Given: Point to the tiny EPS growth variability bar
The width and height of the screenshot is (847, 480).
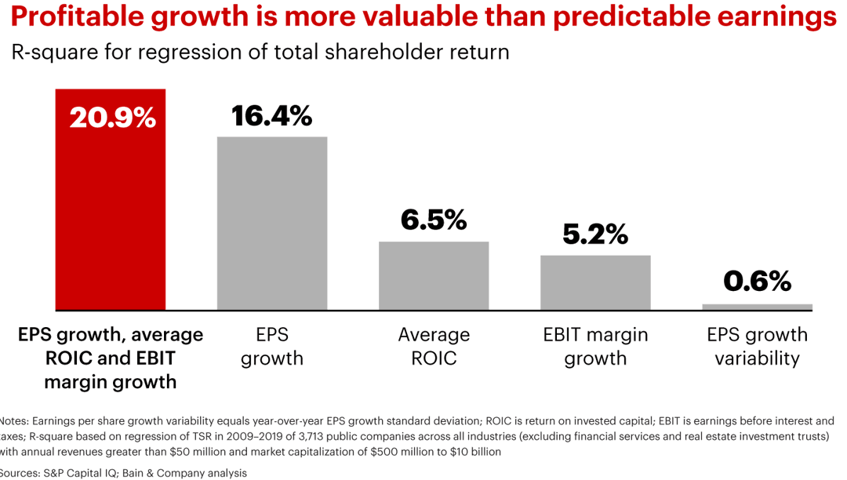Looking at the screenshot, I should [757, 307].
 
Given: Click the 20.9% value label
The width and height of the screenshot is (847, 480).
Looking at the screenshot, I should [112, 118].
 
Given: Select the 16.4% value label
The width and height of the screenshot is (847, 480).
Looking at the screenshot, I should [271, 115].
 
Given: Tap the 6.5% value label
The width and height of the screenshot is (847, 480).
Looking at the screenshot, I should [434, 220].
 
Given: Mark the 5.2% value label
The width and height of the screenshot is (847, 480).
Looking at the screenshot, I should [595, 234].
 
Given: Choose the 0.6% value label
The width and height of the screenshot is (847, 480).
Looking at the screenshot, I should [757, 282].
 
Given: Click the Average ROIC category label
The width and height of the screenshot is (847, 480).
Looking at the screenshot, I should [434, 347].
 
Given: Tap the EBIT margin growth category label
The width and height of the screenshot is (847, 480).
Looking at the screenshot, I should [595, 347].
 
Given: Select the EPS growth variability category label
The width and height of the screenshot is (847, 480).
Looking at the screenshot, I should [757, 347].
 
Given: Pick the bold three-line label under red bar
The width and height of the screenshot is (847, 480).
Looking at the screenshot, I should [110, 358].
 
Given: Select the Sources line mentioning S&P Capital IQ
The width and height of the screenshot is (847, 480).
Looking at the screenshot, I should [123, 473].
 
